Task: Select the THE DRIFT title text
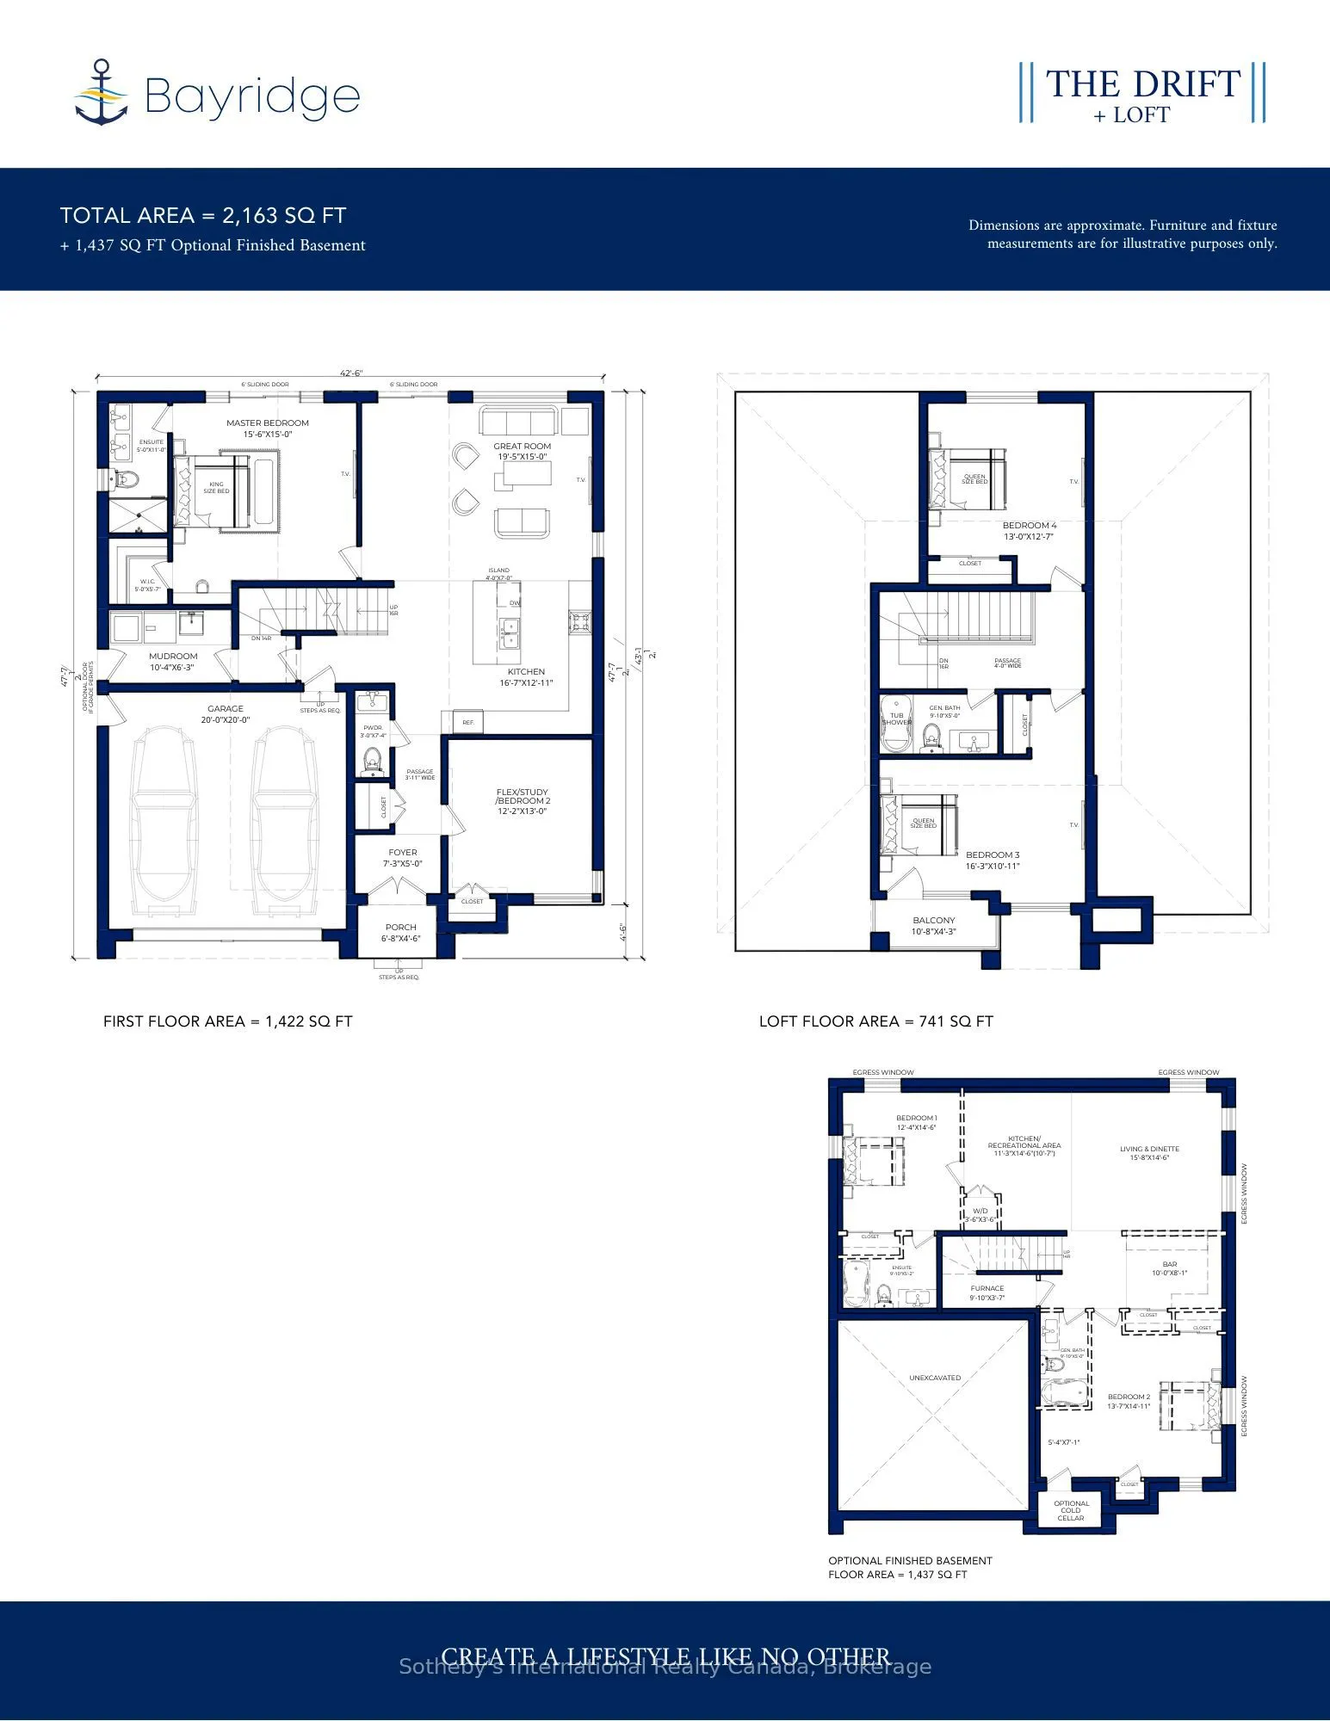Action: (x=1142, y=84)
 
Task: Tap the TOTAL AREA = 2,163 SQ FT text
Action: (x=203, y=216)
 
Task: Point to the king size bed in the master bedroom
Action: (x=213, y=489)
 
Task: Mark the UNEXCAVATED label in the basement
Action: (x=935, y=1378)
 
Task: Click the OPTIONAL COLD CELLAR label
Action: (x=1071, y=1510)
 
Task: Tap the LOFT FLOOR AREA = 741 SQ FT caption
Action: (x=875, y=1021)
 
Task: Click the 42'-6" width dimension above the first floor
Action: (x=350, y=373)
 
